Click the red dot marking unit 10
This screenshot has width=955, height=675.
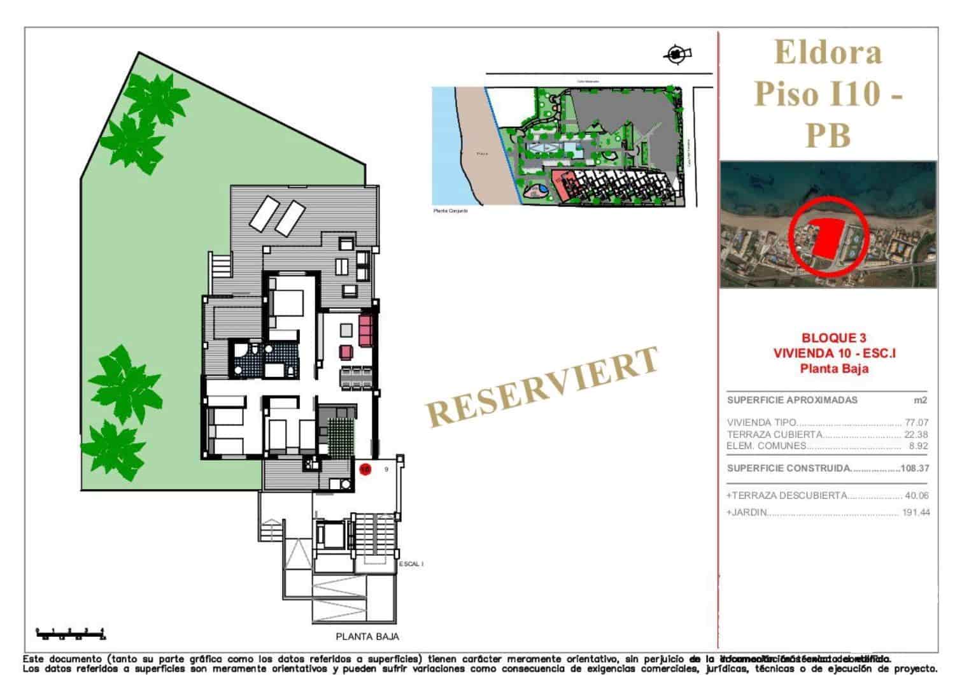[x=365, y=469]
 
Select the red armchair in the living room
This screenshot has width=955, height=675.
[x=346, y=352]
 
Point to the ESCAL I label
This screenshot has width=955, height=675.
[x=411, y=564]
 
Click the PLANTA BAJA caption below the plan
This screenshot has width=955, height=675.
[x=367, y=636]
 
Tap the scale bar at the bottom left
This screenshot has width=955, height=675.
[x=71, y=633]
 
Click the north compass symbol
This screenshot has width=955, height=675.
[x=677, y=54]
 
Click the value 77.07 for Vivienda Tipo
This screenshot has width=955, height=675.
[x=916, y=422]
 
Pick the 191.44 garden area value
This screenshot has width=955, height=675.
[x=916, y=513]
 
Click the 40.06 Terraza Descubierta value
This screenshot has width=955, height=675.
[x=916, y=495]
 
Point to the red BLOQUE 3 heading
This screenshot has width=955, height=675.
[x=833, y=338]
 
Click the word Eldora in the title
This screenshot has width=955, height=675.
[x=828, y=52]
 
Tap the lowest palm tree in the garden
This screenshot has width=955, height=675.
[x=113, y=446]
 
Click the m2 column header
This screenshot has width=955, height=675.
[x=920, y=401]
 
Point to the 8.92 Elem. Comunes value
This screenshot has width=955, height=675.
[x=918, y=446]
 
